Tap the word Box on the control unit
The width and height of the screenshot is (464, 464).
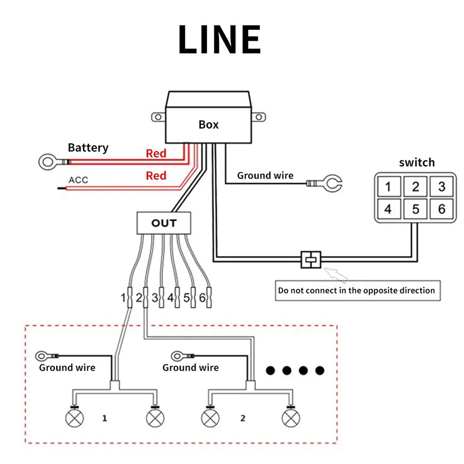[208, 125]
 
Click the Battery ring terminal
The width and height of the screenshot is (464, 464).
[48, 161]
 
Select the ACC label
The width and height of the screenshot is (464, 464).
[78, 180]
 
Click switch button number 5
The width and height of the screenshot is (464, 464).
[415, 209]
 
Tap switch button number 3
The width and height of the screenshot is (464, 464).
[442, 187]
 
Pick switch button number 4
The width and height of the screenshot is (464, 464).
[388, 209]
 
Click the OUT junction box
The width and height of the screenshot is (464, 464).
[164, 223]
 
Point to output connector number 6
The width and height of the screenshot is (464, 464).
[209, 297]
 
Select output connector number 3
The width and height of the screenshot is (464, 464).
[161, 297]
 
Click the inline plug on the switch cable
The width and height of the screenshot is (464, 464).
[311, 259]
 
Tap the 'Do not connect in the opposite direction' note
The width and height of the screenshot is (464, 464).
[357, 291]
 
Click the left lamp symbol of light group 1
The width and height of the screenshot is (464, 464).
[75, 418]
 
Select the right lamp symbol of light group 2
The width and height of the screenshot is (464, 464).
[291, 418]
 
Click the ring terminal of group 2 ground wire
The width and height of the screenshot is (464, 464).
[177, 356]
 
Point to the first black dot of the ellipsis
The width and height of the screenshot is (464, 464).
[270, 371]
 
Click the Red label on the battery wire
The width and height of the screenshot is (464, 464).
[156, 154]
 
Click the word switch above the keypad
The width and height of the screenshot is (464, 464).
[417, 162]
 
